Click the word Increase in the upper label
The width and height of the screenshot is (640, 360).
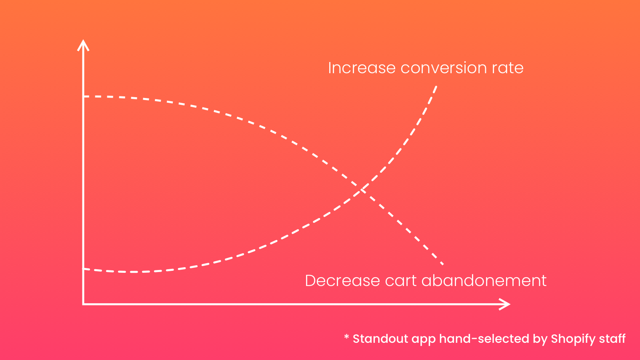362,68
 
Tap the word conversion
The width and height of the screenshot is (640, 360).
444,68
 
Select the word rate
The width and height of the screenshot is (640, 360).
508,68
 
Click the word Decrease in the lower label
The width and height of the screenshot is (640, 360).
342,280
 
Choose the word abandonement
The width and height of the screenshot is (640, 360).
484,280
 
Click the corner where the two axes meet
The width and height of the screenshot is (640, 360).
83,304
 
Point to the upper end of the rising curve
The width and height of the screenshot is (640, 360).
436,86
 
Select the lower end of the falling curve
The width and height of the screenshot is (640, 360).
443,264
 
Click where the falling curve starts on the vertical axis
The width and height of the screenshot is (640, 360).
84,96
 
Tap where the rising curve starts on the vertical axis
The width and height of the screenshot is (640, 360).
84,269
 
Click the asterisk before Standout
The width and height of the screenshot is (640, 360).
346,336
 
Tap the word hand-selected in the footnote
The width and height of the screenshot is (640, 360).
484,339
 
